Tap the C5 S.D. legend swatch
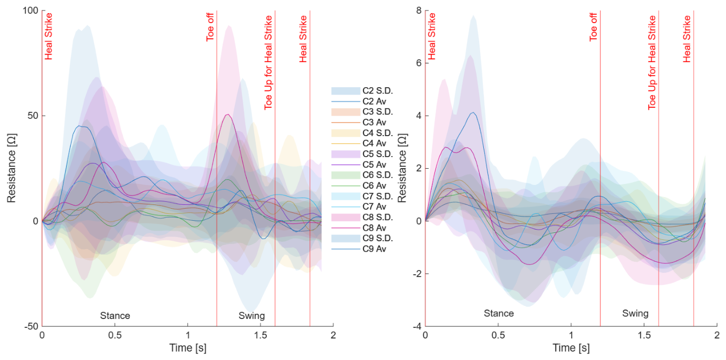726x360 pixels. (346, 154)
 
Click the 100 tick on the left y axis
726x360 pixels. (30, 11)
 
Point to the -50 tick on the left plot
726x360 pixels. (31, 326)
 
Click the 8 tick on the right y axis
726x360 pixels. (419, 11)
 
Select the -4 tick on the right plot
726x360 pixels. (417, 326)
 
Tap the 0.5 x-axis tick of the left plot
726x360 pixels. (115, 335)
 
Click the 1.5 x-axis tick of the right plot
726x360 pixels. (644, 335)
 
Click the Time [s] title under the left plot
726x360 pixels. (188, 348)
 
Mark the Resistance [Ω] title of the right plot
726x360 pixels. (402, 168)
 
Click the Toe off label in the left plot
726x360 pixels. (210, 27)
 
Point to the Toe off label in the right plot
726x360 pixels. (593, 27)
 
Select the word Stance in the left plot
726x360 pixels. (115, 315)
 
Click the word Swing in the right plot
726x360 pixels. (635, 313)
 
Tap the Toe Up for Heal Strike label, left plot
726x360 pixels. (268, 63)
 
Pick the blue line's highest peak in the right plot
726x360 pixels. (473, 112)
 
